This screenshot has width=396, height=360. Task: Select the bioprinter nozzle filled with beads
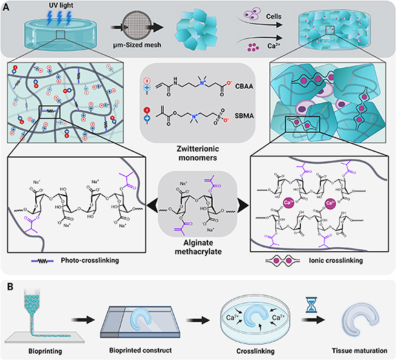[29, 308]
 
